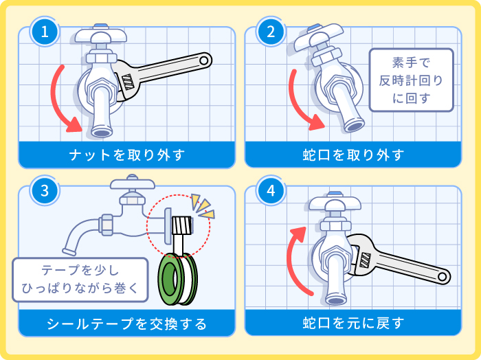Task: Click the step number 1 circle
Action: pos(45,31)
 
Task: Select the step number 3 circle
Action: pos(45,191)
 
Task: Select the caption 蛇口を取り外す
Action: pos(353,155)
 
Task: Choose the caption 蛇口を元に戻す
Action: pos(353,323)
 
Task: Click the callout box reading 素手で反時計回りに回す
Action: pos(412,80)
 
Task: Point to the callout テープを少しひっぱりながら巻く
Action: pos(80,280)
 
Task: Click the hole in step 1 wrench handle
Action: pos(203,61)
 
